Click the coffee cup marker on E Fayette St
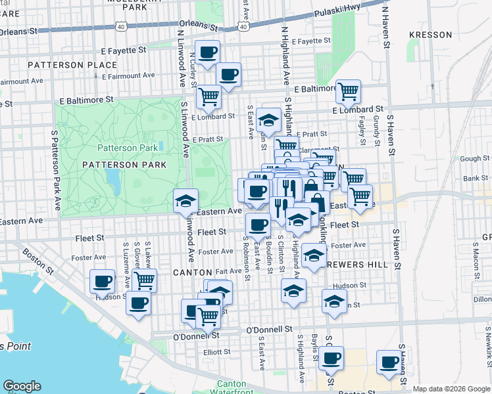coord(208,52)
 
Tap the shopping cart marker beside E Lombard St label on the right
coord(348,91)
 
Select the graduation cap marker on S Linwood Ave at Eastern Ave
coord(186,200)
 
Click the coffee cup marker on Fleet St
coord(258,225)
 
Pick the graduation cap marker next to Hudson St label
coord(334,301)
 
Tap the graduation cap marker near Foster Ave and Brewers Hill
coord(314,256)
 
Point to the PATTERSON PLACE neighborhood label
coord(72,65)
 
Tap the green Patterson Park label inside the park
coord(128,148)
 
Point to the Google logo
coord(22,386)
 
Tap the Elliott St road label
coord(217,351)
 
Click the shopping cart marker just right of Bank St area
coord(359,196)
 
